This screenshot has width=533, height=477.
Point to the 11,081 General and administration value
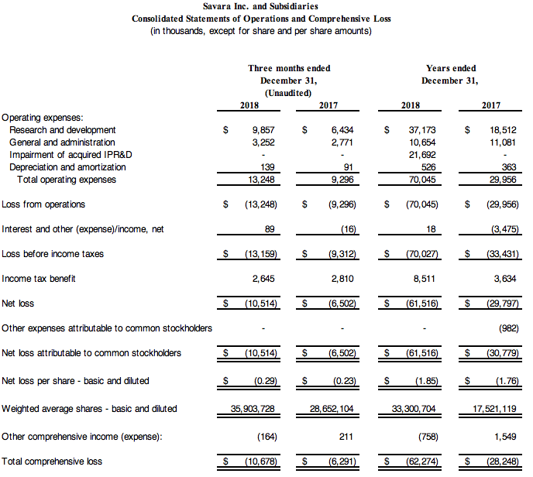tap(497, 142)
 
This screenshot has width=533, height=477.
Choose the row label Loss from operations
tap(43, 204)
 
